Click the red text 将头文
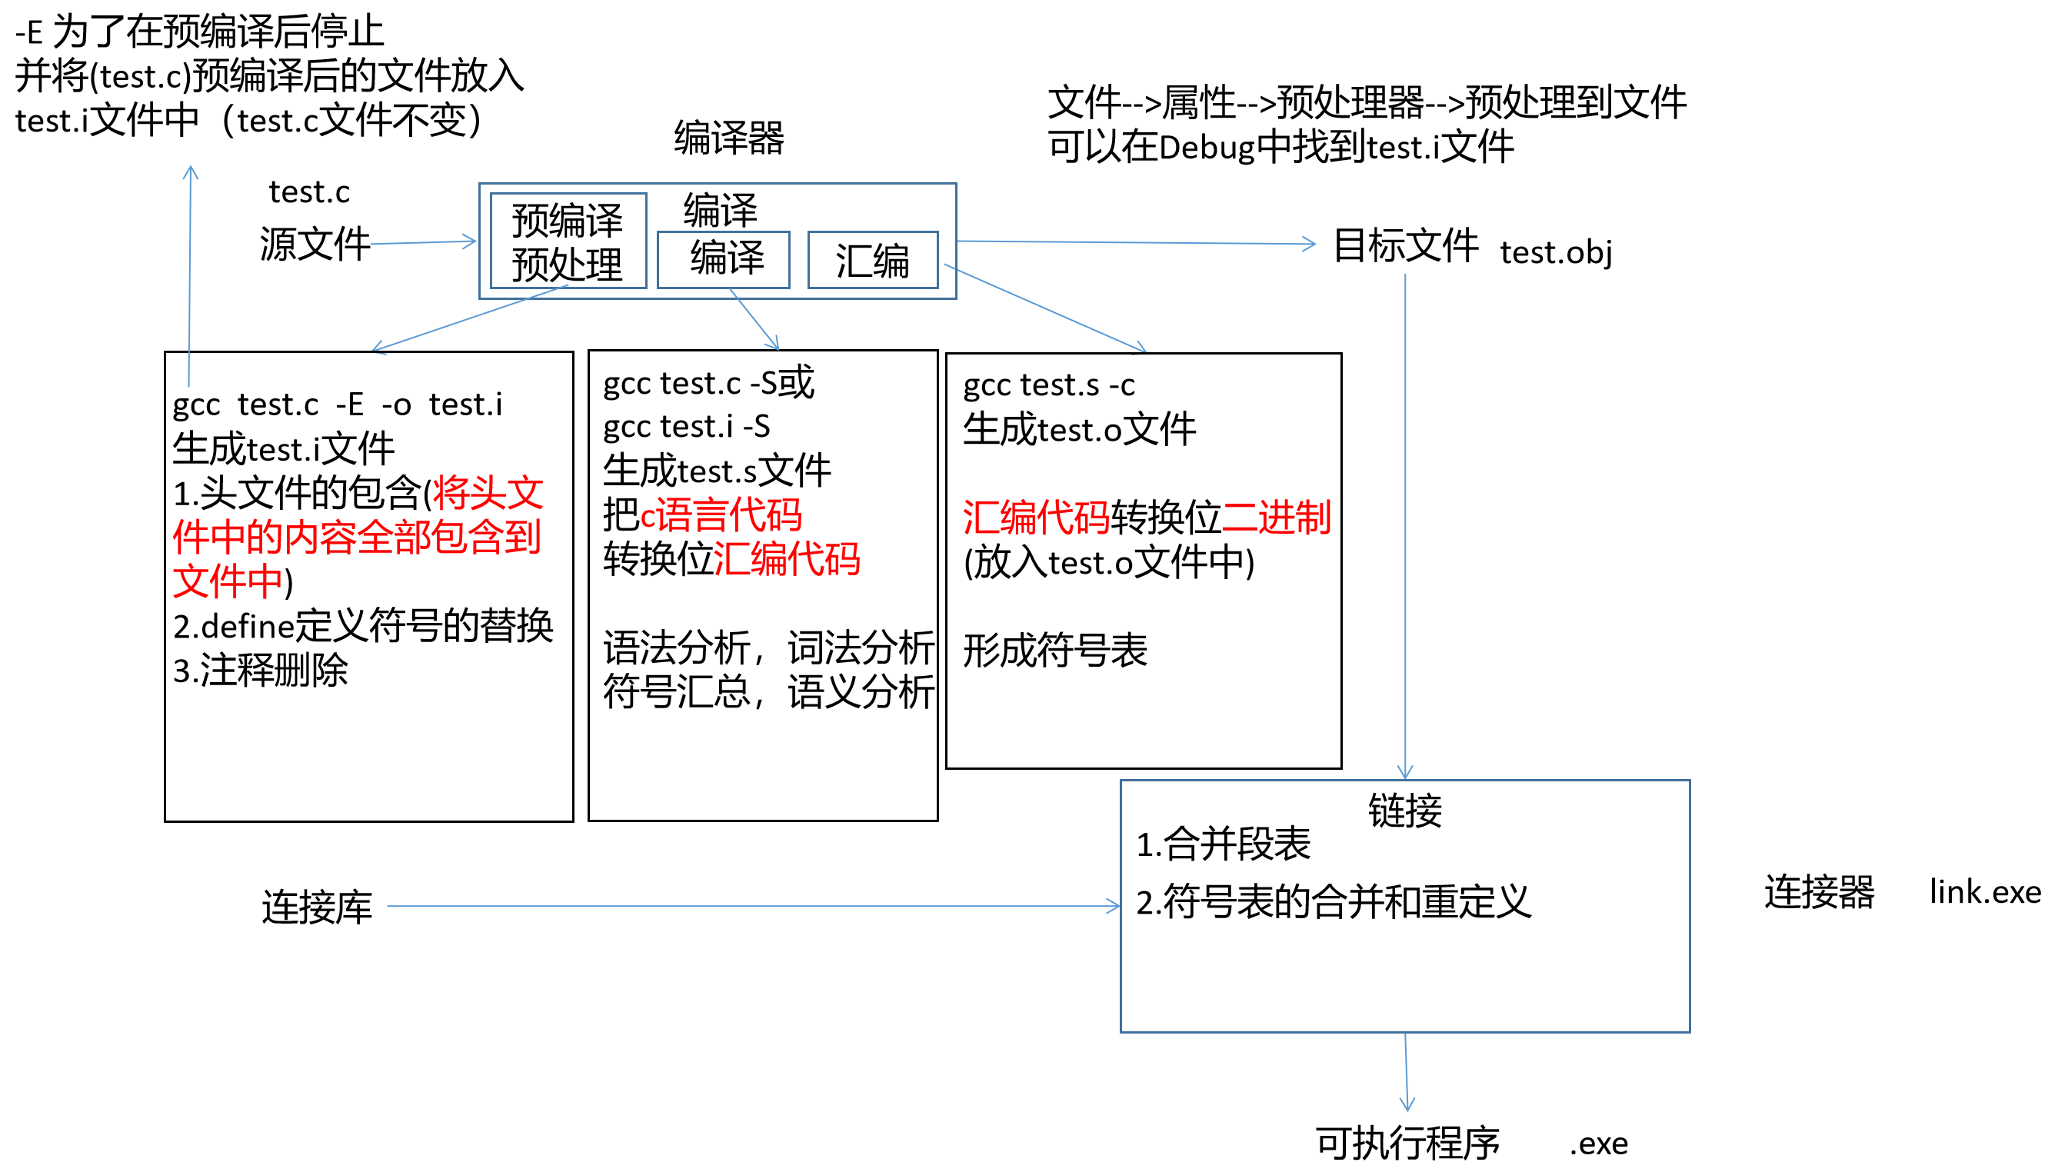[x=488, y=493]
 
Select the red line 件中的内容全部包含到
[x=357, y=537]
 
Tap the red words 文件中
[x=227, y=581]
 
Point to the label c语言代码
[x=721, y=515]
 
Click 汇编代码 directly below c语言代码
[x=786, y=558]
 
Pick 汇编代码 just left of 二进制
[x=1036, y=518]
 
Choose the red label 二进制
[x=1277, y=517]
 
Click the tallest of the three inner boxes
[x=568, y=240]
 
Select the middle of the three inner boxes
[x=723, y=259]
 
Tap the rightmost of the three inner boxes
[x=872, y=259]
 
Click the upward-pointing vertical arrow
[x=190, y=274]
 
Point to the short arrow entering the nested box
[x=422, y=242]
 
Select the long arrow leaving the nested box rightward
[x=1135, y=242]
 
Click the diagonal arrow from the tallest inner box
[x=470, y=318]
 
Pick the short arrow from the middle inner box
[x=754, y=318]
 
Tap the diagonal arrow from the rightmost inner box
[x=1044, y=308]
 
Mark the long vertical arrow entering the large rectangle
[x=1405, y=523]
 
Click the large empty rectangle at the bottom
[x=1404, y=906]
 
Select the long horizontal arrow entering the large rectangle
[x=753, y=907]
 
